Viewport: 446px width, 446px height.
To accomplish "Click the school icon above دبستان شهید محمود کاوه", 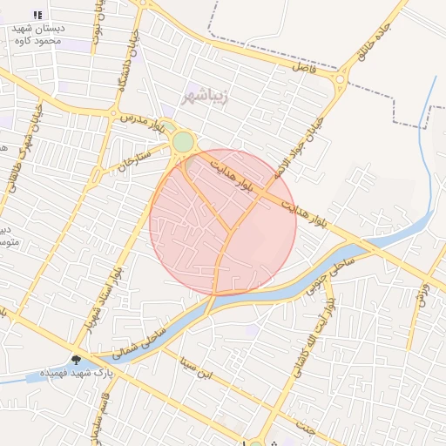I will click(37, 15).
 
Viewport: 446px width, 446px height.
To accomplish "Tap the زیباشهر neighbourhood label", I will click(206, 94).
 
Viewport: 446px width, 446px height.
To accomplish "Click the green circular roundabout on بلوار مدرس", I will click(183, 142).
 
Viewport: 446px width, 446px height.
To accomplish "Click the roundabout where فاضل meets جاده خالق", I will click(339, 82).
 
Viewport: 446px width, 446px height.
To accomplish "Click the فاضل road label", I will click(305, 66).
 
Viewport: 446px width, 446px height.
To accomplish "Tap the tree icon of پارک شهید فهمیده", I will click(77, 359).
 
